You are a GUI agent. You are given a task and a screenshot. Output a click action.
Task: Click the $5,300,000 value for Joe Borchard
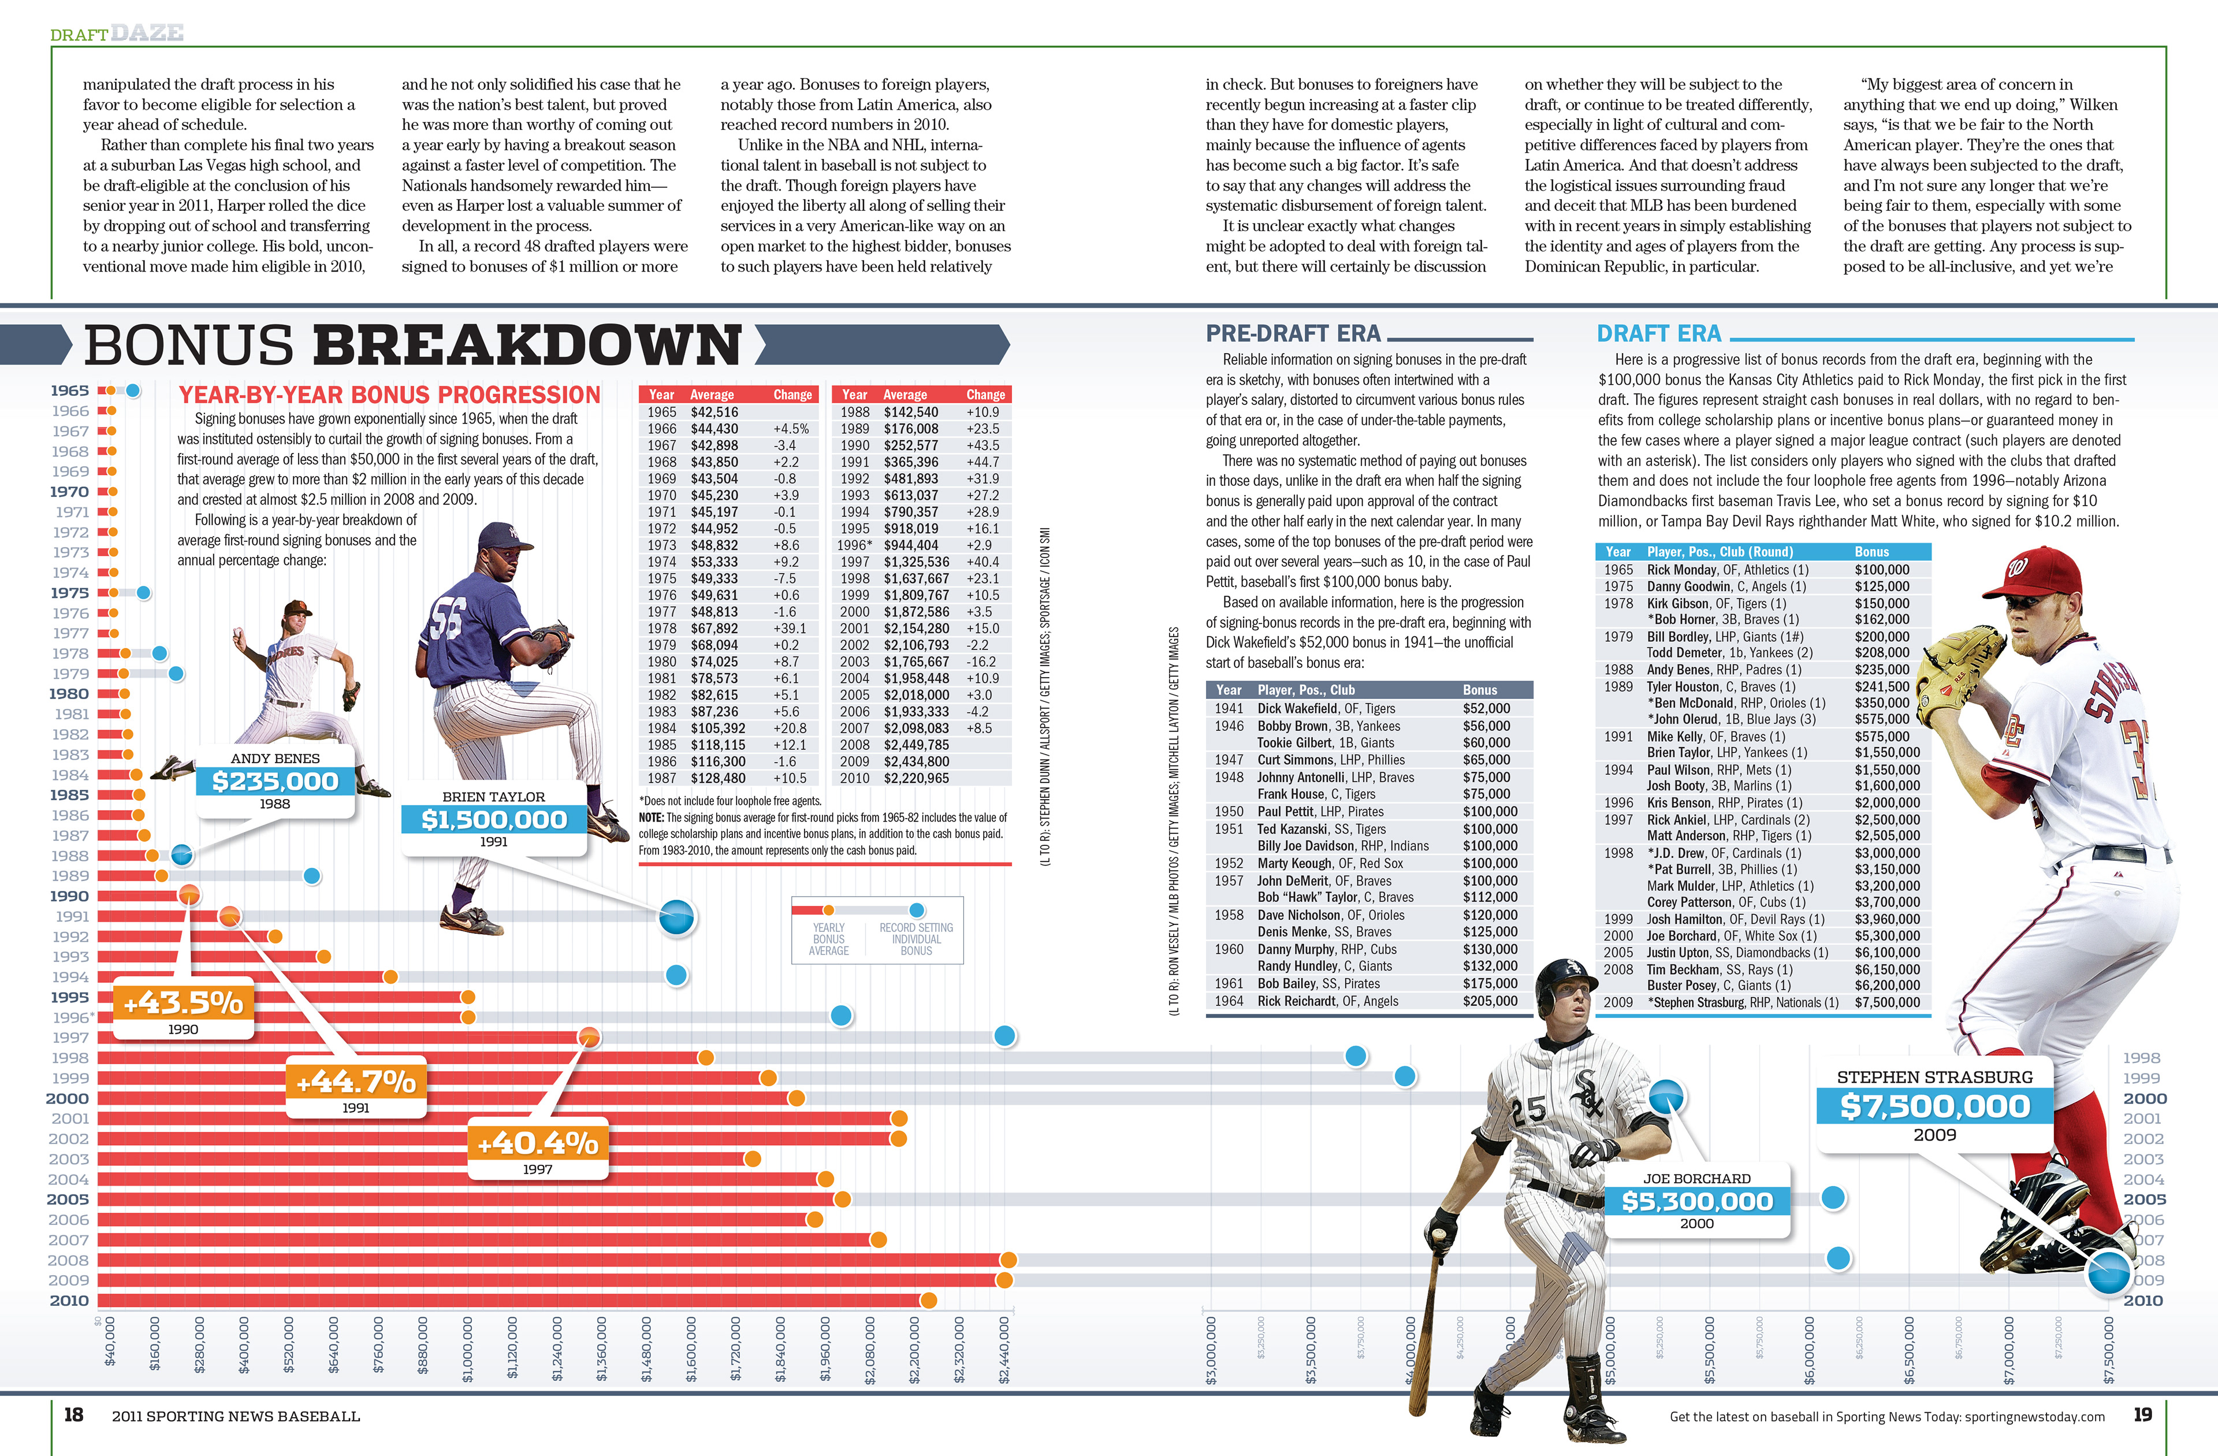pos(1697,1202)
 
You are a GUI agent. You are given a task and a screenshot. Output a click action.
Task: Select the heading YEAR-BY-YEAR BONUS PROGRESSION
pos(389,395)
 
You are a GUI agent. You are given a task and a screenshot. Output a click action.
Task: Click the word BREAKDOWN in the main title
pos(527,346)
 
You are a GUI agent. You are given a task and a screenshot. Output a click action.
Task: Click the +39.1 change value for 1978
pos(788,628)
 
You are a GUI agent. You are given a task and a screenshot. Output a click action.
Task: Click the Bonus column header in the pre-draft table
pos(1479,690)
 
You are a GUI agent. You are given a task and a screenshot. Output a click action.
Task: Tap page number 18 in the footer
pos(73,1415)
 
